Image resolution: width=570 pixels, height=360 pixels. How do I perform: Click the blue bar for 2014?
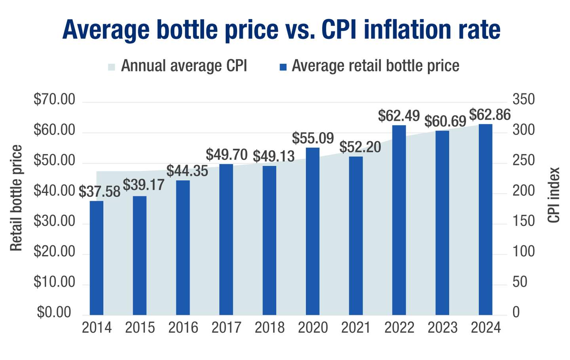[x=97, y=258]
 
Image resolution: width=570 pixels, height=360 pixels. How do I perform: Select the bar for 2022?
[x=399, y=220]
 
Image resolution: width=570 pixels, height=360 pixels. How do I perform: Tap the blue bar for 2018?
[x=270, y=240]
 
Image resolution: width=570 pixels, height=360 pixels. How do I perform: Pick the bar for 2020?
[x=313, y=231]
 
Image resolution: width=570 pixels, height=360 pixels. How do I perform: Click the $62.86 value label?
[x=490, y=115]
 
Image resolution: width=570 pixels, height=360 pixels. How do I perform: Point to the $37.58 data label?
[x=99, y=192]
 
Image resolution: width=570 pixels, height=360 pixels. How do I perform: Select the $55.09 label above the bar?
[x=313, y=138]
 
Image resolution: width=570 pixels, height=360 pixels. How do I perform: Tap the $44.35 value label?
[x=187, y=171]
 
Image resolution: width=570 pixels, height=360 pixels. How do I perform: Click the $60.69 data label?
[x=445, y=121]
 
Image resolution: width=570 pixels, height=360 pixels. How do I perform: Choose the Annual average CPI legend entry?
[x=184, y=66]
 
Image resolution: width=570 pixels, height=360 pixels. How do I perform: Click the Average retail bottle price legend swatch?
[x=283, y=67]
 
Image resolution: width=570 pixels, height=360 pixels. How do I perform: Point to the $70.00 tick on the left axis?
[x=54, y=100]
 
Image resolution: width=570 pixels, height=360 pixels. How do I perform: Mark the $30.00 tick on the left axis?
[x=54, y=221]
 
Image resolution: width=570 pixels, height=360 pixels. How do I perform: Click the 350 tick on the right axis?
[x=523, y=100]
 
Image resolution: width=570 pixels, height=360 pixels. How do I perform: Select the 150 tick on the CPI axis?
[x=523, y=221]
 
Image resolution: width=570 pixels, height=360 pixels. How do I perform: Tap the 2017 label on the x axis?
[x=226, y=328]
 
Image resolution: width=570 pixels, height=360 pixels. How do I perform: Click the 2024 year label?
[x=486, y=328]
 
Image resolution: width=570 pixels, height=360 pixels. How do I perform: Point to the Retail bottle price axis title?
[x=16, y=198]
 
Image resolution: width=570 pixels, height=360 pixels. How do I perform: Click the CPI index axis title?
[x=554, y=195]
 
